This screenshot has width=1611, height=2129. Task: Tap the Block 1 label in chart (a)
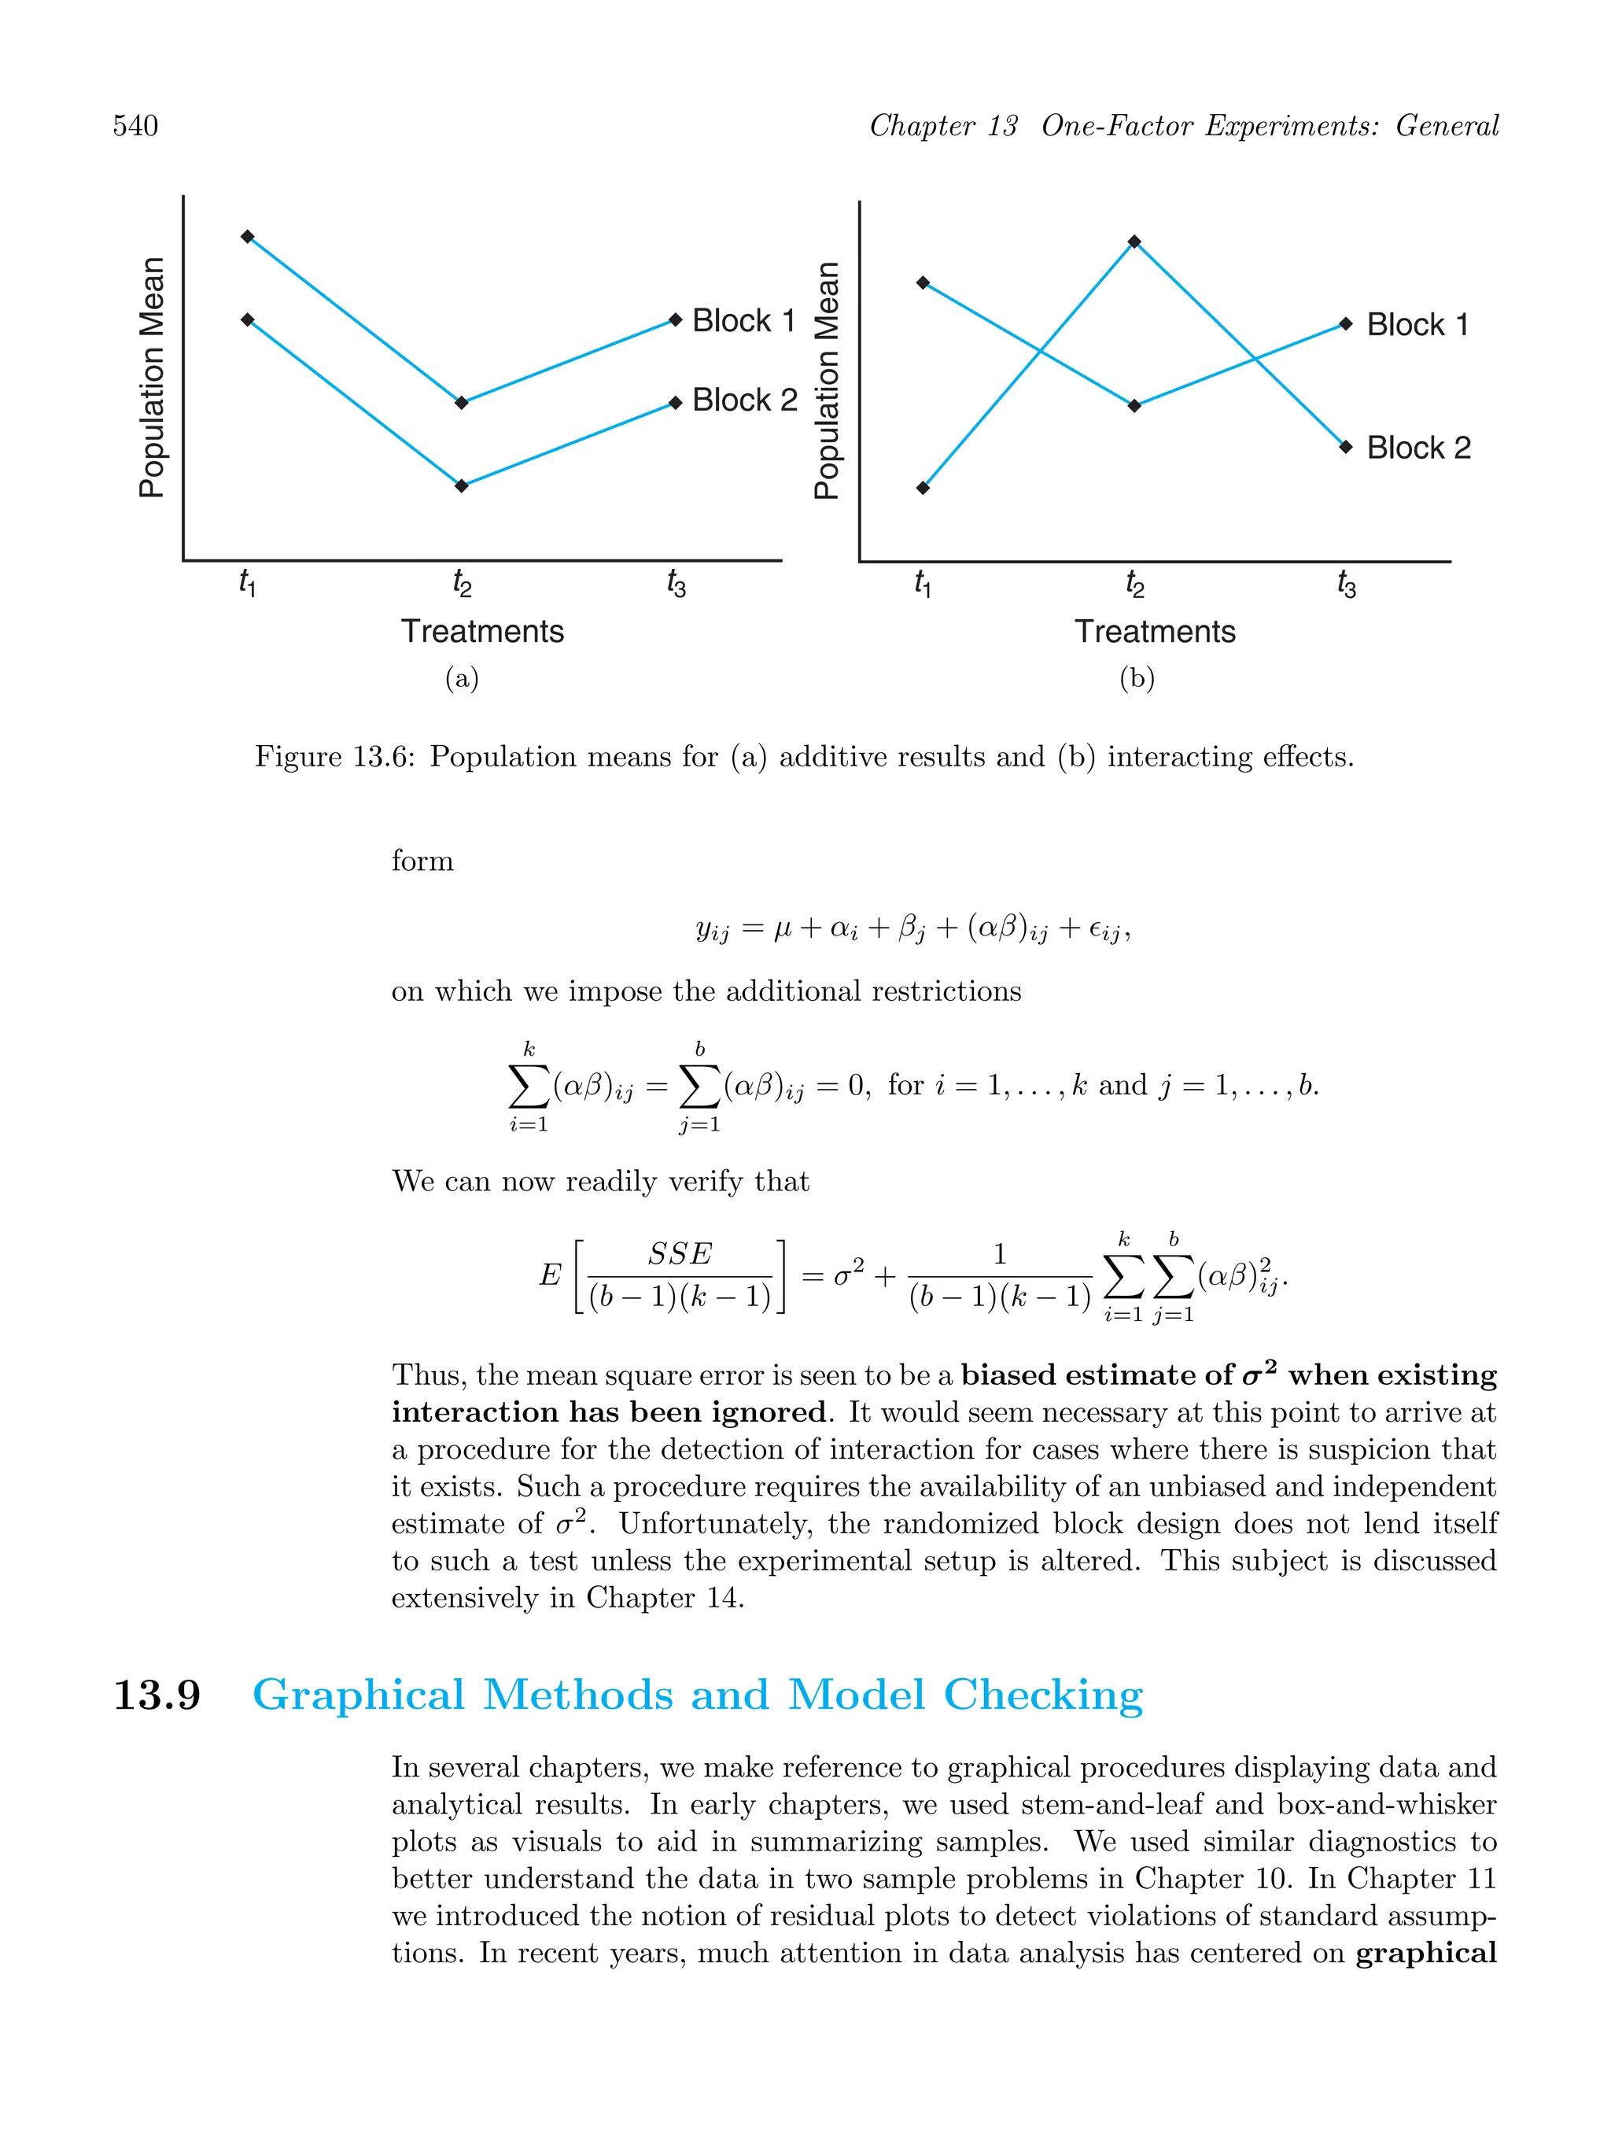(x=743, y=320)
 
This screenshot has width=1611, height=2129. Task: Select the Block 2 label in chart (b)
(x=1417, y=448)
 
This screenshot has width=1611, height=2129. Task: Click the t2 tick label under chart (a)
(x=462, y=583)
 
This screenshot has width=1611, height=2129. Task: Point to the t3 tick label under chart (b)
(x=1347, y=583)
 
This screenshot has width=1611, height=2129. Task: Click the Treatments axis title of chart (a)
(x=482, y=632)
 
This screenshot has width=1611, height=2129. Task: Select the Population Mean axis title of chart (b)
(x=827, y=380)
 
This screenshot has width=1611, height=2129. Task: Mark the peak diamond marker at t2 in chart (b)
(x=1134, y=242)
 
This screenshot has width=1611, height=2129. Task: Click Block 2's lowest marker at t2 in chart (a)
(x=462, y=486)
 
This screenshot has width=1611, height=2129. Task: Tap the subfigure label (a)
(x=462, y=678)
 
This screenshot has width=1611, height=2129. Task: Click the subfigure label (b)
(x=1137, y=678)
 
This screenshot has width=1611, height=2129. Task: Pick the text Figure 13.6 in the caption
(x=334, y=757)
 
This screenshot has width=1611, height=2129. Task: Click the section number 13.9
(x=157, y=1694)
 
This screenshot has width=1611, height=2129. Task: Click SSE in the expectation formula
(x=680, y=1254)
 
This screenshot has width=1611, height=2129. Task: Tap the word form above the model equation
(x=422, y=861)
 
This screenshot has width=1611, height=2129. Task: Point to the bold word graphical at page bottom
(x=1426, y=1953)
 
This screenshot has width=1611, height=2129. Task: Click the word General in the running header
(x=1447, y=125)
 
